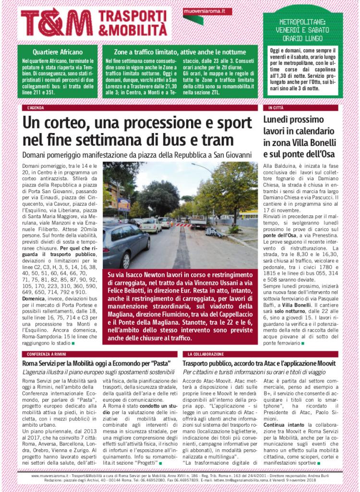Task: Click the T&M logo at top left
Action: pyautogui.click(x=57, y=23)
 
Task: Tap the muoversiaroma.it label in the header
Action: pyautogui.click(x=207, y=11)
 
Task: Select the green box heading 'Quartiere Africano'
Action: pyautogui.click(x=58, y=51)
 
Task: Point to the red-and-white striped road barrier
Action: pyautogui.click(x=183, y=225)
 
